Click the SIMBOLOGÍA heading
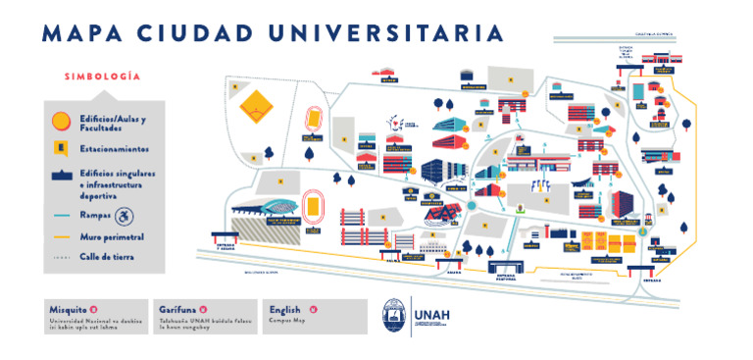tap(102, 77)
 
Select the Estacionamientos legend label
tap(115, 149)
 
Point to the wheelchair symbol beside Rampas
tap(124, 216)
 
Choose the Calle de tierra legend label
tap(108, 257)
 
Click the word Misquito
tap(68, 309)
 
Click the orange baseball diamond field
tap(258, 102)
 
